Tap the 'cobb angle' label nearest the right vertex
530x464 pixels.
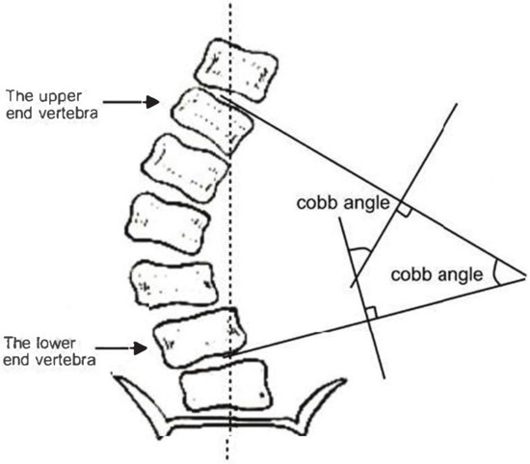(x=436, y=274)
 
